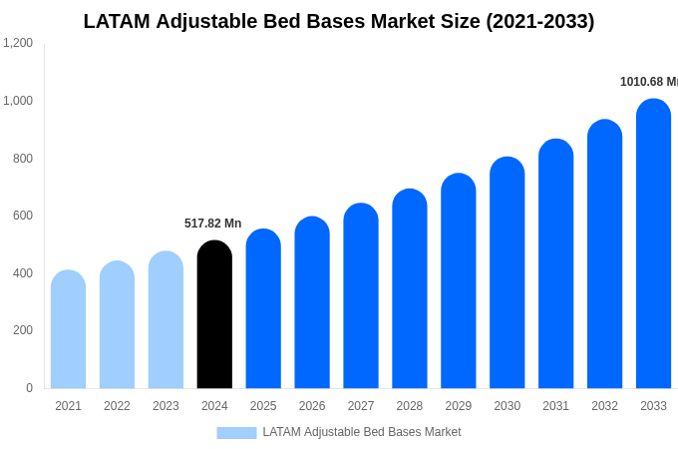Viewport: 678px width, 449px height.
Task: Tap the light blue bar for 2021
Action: [x=68, y=330]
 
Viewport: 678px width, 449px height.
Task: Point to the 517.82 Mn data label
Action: [x=212, y=224]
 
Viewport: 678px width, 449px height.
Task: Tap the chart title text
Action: [x=338, y=21]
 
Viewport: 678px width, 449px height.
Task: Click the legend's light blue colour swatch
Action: [x=236, y=433]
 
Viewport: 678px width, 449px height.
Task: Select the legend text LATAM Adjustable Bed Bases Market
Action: [x=361, y=432]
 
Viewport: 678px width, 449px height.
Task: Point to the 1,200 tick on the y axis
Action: [x=18, y=43]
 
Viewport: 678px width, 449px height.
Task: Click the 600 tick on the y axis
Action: [x=22, y=216]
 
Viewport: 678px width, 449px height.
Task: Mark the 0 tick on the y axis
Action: [x=29, y=388]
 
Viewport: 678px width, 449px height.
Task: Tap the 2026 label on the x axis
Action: [x=312, y=406]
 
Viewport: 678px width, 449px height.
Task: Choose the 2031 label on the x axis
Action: [x=555, y=406]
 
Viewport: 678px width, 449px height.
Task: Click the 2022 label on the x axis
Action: [x=117, y=406]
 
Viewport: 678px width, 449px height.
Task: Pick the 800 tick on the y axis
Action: [x=22, y=159]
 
